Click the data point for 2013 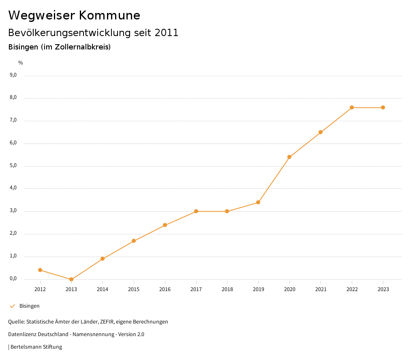click(71, 279)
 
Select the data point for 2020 click(289, 157)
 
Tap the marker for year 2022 click(352, 107)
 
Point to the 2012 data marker click(40, 270)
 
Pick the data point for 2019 click(258, 202)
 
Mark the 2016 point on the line click(165, 225)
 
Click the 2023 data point click(383, 107)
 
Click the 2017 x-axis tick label click(196, 289)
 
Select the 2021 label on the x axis click(321, 289)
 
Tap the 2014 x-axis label click(103, 289)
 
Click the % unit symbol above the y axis click(21, 63)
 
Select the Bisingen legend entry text click(30, 306)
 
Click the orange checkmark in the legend click(12, 306)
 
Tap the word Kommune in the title click(109, 15)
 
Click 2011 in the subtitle click(167, 33)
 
